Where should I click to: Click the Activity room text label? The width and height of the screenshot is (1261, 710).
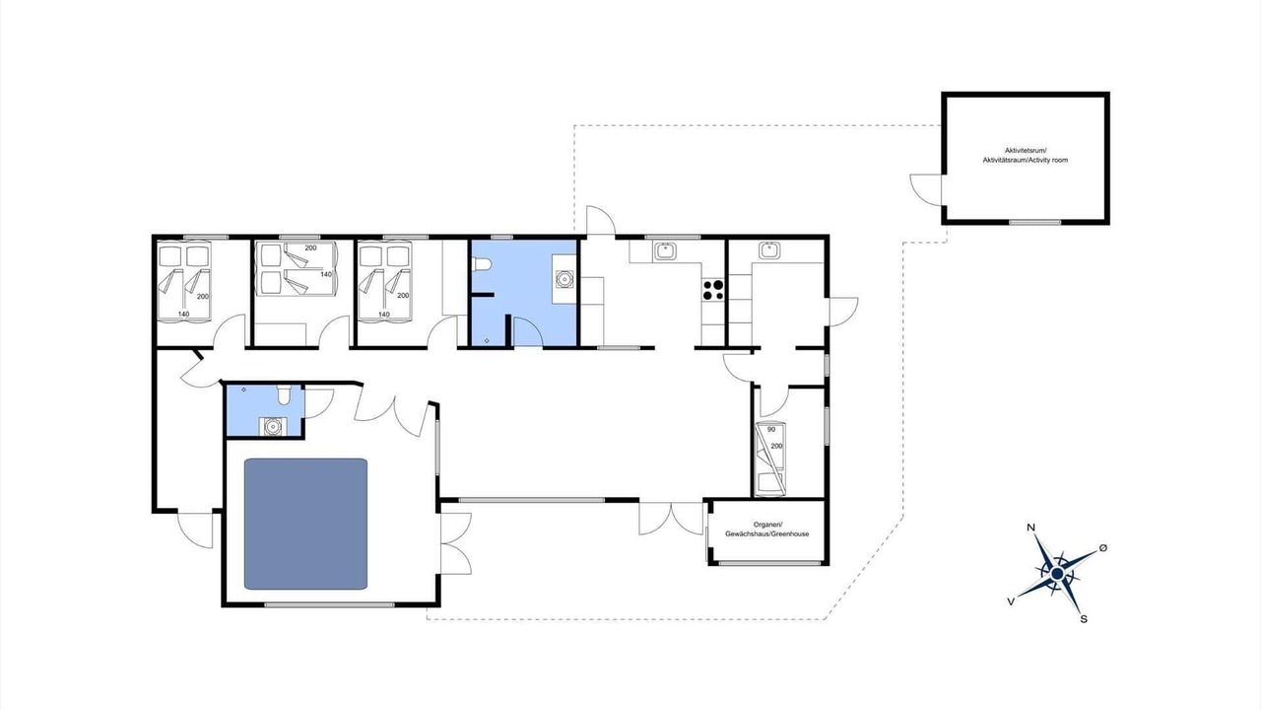(x=1026, y=155)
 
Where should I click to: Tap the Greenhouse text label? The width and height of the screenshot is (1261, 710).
(x=766, y=530)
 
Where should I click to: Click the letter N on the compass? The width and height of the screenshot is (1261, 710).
(x=1030, y=528)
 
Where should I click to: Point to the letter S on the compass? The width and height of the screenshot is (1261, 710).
(x=1084, y=619)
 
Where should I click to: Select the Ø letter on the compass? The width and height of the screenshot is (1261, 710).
(x=1103, y=547)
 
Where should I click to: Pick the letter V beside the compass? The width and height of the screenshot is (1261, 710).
(x=1011, y=602)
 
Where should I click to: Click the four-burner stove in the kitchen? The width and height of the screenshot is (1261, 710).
(x=713, y=290)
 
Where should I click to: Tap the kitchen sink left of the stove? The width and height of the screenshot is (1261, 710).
(x=665, y=250)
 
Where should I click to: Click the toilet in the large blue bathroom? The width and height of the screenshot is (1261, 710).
(x=483, y=264)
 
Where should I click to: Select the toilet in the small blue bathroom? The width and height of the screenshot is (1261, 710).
(x=284, y=395)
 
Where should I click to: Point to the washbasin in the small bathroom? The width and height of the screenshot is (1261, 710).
(x=273, y=427)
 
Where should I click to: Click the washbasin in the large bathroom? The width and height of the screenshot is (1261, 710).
(x=564, y=278)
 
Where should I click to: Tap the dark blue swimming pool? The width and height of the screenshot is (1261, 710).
(x=305, y=524)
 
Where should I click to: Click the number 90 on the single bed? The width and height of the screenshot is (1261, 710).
(x=771, y=429)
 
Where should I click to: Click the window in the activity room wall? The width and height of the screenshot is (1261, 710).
(x=1034, y=222)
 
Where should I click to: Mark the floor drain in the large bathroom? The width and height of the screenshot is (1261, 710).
(x=487, y=341)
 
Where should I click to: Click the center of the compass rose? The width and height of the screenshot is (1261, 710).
(x=1057, y=574)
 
